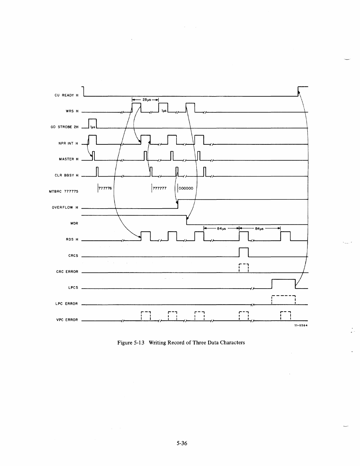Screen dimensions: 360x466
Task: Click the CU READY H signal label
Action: pos(66,95)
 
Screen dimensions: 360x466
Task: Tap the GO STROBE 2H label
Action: pos(65,127)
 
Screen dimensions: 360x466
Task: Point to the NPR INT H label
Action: pos(68,143)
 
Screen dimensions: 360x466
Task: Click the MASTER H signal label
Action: pos(69,159)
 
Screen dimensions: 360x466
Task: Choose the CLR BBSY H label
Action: pos(66,175)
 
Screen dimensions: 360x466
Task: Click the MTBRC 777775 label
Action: pos(63,192)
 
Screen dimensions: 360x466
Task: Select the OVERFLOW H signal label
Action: pos(65,207)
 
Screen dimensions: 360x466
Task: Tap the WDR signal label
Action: pos(74,223)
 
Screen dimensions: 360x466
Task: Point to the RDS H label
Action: pos(72,239)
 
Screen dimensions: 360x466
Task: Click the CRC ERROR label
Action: pos(67,272)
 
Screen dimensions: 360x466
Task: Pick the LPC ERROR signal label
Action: pos(67,304)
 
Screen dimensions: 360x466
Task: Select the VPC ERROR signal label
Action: pos(67,320)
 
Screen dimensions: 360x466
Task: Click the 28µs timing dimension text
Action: pos(146,100)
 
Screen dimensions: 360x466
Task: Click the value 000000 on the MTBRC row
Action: pos(186,188)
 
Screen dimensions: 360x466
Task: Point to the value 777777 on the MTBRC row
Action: pos(160,188)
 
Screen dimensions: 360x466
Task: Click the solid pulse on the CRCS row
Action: pos(244,252)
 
